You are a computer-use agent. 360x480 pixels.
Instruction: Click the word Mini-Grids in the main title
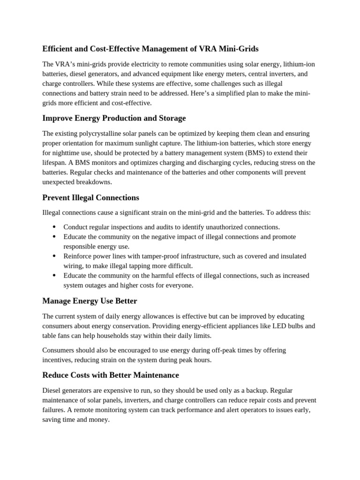(x=239, y=48)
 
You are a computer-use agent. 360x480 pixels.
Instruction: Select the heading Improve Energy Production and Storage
(x=114, y=118)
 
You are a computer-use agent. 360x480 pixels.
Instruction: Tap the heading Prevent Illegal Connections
(x=90, y=197)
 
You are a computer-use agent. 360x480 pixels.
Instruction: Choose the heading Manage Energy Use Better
(x=90, y=300)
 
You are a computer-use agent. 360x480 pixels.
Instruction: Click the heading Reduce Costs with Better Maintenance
(x=111, y=375)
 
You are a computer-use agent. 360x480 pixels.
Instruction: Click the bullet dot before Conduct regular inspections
(x=54, y=227)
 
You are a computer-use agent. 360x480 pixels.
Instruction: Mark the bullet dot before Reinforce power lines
(x=54, y=256)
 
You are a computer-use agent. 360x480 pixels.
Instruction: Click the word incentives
(x=59, y=360)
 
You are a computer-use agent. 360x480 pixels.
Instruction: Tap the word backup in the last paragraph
(x=256, y=390)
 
